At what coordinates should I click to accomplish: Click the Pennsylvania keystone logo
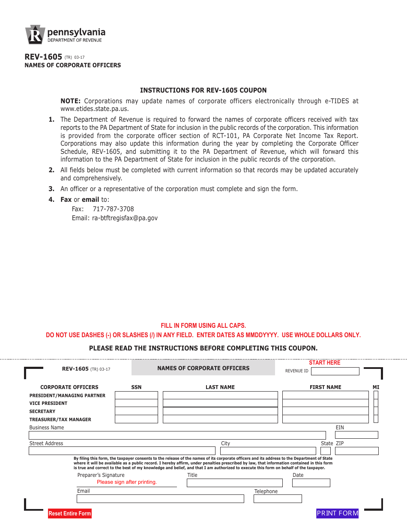tap(35, 35)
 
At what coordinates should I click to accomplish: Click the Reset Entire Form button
tap(70, 513)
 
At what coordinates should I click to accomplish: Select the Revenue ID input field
tap(335, 371)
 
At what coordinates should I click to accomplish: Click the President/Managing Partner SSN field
tap(136, 395)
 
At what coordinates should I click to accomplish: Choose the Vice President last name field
tap(220, 403)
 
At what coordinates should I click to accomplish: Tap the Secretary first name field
tap(325, 411)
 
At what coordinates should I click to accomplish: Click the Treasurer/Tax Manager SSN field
tap(136, 419)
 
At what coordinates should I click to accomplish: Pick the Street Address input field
tap(122, 451)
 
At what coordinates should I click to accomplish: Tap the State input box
tap(326, 451)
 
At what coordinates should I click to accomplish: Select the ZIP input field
tap(357, 451)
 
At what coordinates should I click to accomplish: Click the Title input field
tap(234, 483)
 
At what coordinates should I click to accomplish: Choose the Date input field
tap(311, 483)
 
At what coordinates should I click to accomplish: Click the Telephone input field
tap(278, 499)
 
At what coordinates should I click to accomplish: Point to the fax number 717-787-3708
tap(113, 209)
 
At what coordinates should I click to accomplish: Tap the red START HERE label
tap(324, 363)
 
